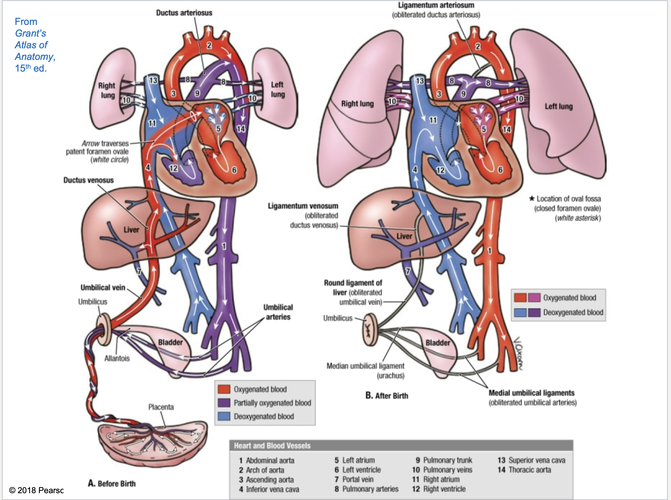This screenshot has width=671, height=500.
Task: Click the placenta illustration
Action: [152, 444]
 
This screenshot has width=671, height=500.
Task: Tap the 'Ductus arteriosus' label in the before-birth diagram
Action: [184, 13]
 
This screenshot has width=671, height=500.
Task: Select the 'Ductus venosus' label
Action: [88, 180]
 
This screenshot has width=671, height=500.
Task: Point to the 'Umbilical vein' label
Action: [103, 288]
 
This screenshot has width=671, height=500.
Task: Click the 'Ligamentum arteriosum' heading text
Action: [436, 6]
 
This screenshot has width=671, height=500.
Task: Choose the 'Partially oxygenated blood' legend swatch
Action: [224, 403]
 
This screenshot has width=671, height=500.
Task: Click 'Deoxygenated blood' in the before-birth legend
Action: [264, 416]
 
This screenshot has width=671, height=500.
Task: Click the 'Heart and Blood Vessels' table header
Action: [272, 446]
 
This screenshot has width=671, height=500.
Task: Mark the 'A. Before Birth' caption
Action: [112, 483]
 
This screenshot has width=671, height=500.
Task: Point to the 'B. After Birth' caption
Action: [387, 396]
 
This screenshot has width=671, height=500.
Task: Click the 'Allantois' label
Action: [117, 358]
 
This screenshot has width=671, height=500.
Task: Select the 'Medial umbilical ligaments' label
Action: [531, 393]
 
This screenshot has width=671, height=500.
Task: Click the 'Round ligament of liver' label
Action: [353, 283]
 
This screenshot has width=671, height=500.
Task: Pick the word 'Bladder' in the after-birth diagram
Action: [438, 343]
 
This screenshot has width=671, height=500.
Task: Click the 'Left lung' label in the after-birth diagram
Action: [559, 107]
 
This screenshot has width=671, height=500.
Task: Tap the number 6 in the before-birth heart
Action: [234, 170]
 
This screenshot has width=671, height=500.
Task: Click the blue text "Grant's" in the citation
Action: [30, 33]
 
